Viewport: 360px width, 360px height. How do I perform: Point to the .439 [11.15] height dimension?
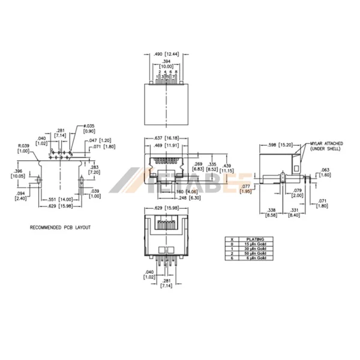227,167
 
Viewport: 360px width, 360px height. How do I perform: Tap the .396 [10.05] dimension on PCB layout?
17,173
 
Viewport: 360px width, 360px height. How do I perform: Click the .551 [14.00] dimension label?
61,199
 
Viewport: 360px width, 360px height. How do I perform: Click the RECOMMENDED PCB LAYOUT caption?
60,229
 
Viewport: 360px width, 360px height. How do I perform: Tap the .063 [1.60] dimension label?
325,172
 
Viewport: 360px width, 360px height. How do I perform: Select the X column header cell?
229,238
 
